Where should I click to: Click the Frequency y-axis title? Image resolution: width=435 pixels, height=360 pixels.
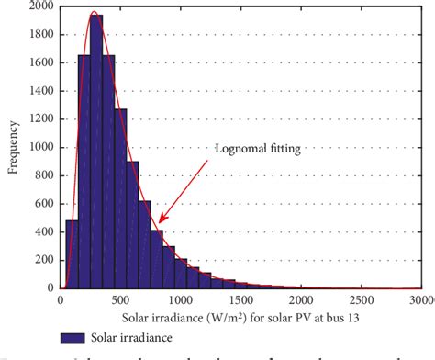click(11, 147)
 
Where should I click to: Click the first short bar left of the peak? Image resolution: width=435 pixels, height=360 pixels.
click(72, 253)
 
